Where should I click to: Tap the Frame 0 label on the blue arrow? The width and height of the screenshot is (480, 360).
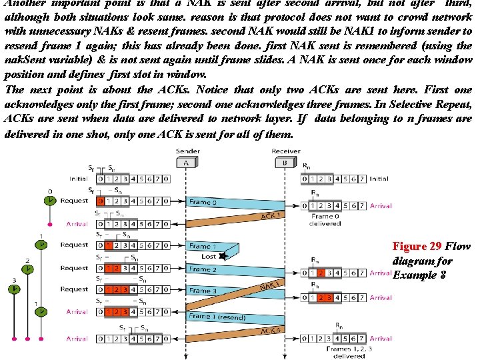pyautogui.click(x=203, y=202)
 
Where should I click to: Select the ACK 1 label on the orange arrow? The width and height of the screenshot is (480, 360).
pyautogui.click(x=270, y=216)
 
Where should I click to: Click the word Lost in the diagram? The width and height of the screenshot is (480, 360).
pyautogui.click(x=209, y=257)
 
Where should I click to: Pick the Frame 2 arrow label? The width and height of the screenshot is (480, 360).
pyautogui.click(x=203, y=269)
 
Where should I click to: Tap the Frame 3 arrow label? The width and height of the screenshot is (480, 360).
pyautogui.click(x=203, y=291)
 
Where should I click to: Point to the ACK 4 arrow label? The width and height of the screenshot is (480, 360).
pyautogui.click(x=270, y=331)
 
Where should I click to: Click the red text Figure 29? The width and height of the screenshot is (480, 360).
pyautogui.click(x=416, y=247)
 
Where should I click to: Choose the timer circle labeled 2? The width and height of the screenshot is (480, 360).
pyautogui.click(x=28, y=269)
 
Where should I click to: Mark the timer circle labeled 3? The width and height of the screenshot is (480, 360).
pyautogui.click(x=13, y=290)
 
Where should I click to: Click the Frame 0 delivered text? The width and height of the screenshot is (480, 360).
pyautogui.click(x=325, y=220)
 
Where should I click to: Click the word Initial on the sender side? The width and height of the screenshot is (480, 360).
pyautogui.click(x=78, y=179)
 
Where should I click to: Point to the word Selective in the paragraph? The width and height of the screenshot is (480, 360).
pyautogui.click(x=416, y=105)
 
